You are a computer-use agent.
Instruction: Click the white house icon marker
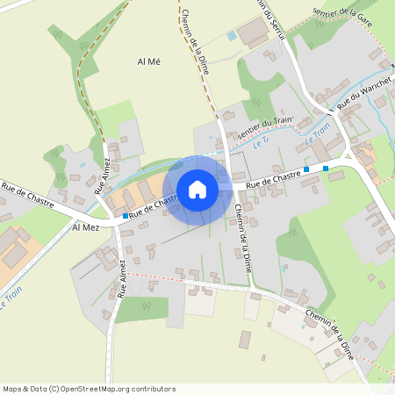point(197,189)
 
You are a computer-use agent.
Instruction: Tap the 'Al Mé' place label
point(150,61)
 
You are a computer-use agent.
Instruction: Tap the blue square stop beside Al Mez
point(126,215)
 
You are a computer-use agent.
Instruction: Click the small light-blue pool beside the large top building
point(232,36)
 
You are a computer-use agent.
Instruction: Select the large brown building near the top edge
point(254,32)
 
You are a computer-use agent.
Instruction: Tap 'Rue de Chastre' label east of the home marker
point(274,181)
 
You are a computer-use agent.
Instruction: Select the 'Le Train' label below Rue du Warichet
point(319,134)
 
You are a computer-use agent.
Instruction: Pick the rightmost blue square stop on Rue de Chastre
point(326,168)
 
